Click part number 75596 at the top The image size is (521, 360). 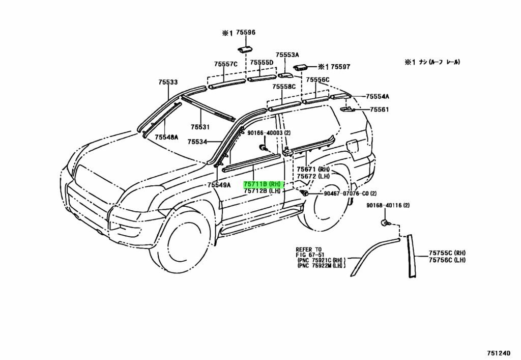coord(245,33)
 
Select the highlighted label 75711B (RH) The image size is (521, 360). coord(262,184)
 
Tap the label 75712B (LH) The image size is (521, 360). coord(262,191)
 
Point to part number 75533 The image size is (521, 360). coord(167,82)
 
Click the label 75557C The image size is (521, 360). coord(225,64)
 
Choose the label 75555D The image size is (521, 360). coord(262,63)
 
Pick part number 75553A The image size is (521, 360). coord(287,55)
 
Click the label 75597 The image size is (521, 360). coord(340,67)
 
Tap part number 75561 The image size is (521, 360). coord(379,109)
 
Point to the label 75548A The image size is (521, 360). coord(166,137)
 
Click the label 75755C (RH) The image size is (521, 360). coord(447,253)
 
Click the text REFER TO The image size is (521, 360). coord(309,250)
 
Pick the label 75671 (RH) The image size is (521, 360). coord(313,170)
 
